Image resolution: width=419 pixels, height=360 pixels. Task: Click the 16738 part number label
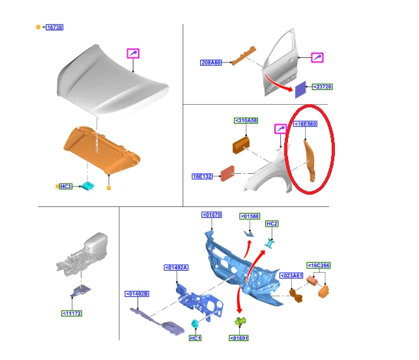point(55,27)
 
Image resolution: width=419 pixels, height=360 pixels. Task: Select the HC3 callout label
point(66,186)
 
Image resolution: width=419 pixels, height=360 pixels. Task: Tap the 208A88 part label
point(211,62)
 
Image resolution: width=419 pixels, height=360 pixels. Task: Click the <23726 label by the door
point(323,87)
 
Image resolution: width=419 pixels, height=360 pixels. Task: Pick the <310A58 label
point(246,120)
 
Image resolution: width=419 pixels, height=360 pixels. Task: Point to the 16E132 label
point(202,176)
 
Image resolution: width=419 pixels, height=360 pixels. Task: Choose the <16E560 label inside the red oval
point(305,124)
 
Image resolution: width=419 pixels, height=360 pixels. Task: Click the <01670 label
point(212,215)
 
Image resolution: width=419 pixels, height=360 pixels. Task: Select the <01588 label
point(250,216)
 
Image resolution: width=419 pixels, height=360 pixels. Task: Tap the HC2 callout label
point(272,224)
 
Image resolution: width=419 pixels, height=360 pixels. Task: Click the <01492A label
point(176,268)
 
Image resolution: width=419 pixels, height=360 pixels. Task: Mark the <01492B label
point(137,294)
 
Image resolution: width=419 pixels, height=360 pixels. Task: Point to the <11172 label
point(72,313)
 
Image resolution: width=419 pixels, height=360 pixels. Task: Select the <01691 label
point(239,338)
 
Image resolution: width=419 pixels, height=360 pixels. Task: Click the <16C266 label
point(318,265)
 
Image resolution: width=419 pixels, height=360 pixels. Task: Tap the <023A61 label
point(291,275)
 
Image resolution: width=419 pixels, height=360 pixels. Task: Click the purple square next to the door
point(300,89)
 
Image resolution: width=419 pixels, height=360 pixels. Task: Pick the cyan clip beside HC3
point(88,186)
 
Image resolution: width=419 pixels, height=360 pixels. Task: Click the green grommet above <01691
point(240,322)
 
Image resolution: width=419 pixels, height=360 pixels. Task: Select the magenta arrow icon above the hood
point(133,53)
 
